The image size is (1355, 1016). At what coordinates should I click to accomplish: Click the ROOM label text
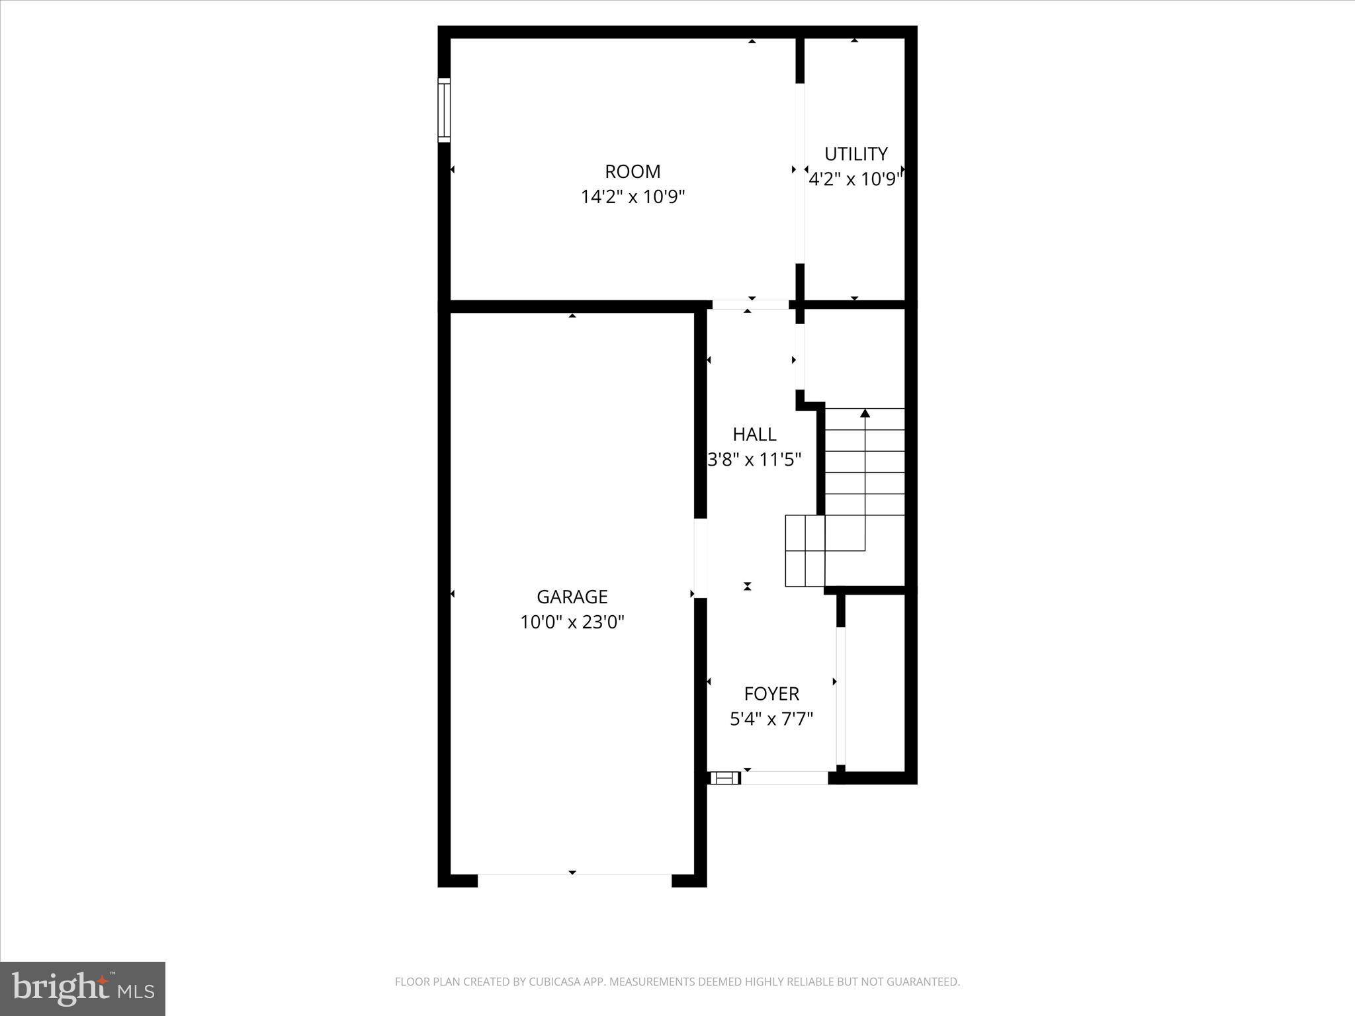pyautogui.click(x=633, y=171)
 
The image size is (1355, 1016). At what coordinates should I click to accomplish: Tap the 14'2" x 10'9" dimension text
pyautogui.click(x=633, y=196)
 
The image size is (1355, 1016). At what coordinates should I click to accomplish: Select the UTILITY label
pyautogui.click(x=855, y=153)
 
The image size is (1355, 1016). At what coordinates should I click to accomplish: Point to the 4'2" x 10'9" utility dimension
pyautogui.click(x=855, y=179)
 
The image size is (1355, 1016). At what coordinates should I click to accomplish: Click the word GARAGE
pyautogui.click(x=572, y=597)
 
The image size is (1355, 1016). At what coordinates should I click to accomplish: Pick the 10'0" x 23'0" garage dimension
pyautogui.click(x=572, y=622)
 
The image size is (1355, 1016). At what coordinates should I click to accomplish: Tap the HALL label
pyautogui.click(x=754, y=434)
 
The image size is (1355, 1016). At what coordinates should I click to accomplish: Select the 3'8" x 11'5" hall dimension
pyautogui.click(x=754, y=459)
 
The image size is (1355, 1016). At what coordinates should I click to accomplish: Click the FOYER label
pyautogui.click(x=771, y=693)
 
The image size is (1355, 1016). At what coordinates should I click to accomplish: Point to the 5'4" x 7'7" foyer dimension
pyautogui.click(x=771, y=718)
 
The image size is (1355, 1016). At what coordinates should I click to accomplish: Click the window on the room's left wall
pyautogui.click(x=444, y=110)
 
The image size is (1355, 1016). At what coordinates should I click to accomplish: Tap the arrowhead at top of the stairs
pyautogui.click(x=865, y=413)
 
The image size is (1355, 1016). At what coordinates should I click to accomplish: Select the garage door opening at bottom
pyautogui.click(x=574, y=880)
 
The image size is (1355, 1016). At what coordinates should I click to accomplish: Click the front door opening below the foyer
pyautogui.click(x=785, y=778)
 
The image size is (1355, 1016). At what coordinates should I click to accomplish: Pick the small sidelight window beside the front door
pyautogui.click(x=724, y=778)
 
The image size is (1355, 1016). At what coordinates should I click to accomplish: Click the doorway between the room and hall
pyautogui.click(x=750, y=305)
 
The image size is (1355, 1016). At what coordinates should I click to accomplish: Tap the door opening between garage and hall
pyautogui.click(x=701, y=558)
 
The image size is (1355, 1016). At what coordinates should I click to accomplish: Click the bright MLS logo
pyautogui.click(x=83, y=988)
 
